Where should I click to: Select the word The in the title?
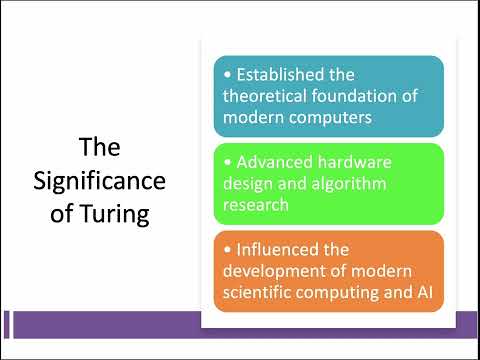[100, 149]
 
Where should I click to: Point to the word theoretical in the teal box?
[271, 95]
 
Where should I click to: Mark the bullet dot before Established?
[228, 76]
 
